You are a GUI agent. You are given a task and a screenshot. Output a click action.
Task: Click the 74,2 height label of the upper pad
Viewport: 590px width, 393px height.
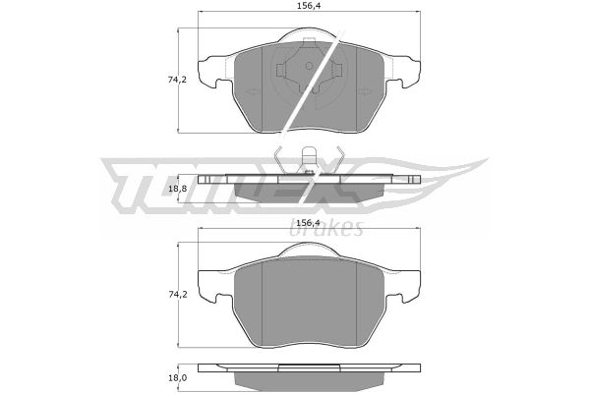(178, 80)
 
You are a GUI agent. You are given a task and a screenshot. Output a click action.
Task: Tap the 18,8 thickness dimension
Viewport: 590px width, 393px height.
(177, 189)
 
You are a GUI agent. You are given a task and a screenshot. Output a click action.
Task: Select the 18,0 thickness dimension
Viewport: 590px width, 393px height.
(177, 378)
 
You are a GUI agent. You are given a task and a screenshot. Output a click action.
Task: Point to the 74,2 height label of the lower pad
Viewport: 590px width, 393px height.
(178, 295)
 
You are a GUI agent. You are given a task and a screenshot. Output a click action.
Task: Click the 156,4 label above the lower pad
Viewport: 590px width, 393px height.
(308, 223)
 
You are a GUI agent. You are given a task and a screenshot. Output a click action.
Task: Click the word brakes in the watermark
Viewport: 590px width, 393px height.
(326, 228)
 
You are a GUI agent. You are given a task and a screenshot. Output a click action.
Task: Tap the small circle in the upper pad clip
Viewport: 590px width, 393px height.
(309, 66)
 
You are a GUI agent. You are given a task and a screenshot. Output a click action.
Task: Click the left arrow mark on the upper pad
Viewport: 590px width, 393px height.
(251, 91)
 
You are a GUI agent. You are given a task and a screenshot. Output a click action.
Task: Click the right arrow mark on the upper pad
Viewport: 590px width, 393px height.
(364, 91)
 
